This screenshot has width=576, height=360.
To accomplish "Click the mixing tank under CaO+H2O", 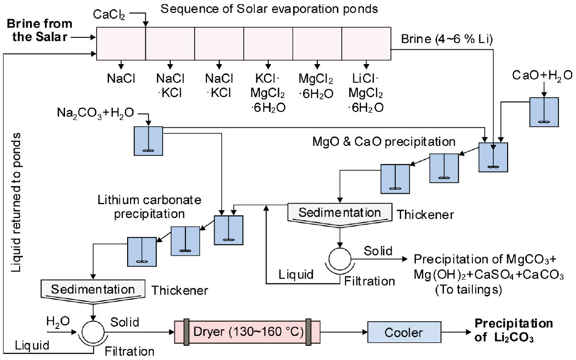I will (543, 112).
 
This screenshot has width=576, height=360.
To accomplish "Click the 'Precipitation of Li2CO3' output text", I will (513, 330).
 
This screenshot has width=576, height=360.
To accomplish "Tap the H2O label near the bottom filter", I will (54, 320).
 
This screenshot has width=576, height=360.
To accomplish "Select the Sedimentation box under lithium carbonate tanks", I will (94, 290).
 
